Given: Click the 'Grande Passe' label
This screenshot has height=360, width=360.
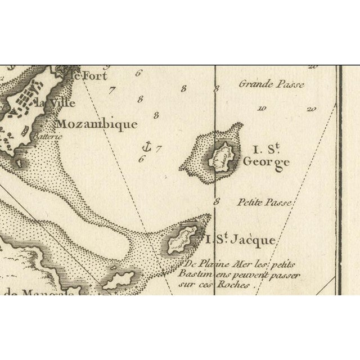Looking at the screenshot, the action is click(272, 84).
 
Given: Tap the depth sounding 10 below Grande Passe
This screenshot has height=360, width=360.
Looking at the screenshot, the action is click(261, 109).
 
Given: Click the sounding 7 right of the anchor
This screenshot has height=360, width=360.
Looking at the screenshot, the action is click(159, 149).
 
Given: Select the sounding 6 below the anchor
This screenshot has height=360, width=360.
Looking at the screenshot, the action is click(141, 159).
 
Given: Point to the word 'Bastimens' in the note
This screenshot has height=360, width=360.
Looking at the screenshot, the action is click(197, 275).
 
